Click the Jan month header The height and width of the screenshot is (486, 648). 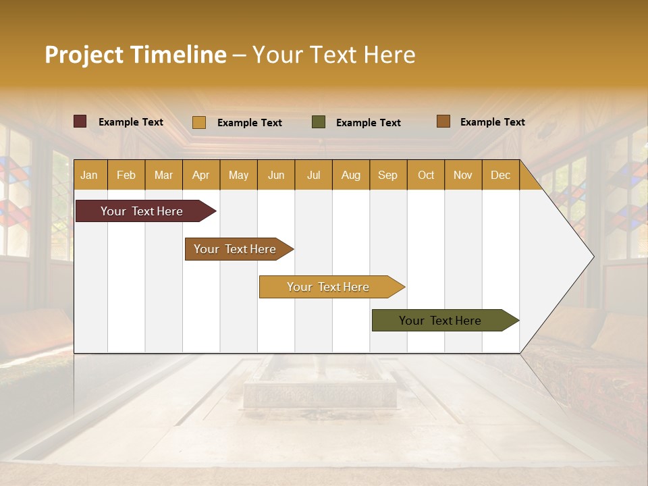(x=89, y=175)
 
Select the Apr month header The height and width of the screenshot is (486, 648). (x=201, y=175)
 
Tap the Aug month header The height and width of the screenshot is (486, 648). (x=351, y=175)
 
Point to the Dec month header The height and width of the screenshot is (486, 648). (x=500, y=175)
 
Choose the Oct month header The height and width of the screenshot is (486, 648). (x=426, y=175)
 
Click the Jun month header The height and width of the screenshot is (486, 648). (x=276, y=175)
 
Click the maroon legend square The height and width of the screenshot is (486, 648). (x=80, y=122)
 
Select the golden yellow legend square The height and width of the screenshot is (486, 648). (x=199, y=122)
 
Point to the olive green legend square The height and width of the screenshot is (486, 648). (x=319, y=122)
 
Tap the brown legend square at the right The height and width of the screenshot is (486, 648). (x=443, y=122)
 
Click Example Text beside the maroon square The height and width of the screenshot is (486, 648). (x=131, y=122)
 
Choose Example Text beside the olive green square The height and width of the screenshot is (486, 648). (x=369, y=123)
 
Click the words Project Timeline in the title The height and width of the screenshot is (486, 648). (x=135, y=55)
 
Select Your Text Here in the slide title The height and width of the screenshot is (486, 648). (x=334, y=55)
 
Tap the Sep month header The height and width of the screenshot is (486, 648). (x=388, y=175)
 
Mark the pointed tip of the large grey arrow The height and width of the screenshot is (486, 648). (x=593, y=256)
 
